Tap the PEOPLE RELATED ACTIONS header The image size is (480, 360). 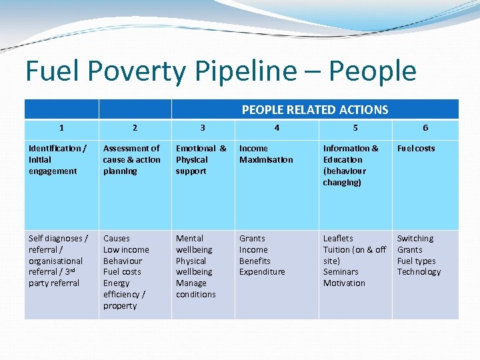click(x=315, y=109)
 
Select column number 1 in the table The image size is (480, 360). click(x=61, y=128)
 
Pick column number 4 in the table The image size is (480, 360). click(x=277, y=128)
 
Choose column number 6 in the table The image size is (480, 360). click(x=425, y=128)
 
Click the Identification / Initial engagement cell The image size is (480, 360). click(x=57, y=159)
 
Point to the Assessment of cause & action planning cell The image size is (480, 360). click(x=131, y=159)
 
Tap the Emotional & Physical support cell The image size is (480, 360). click(x=201, y=159)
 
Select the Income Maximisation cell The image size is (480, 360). click(x=266, y=154)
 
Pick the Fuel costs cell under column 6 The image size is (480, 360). click(x=415, y=148)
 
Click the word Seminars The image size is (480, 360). click(x=341, y=272)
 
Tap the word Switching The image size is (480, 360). click(x=415, y=238)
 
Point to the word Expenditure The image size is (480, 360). click(x=262, y=272)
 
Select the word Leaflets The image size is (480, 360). click(x=338, y=238)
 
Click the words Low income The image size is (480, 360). click(x=126, y=249)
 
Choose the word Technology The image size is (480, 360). click(x=419, y=272)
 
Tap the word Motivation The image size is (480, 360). click(x=344, y=283)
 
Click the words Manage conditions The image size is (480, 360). click(x=195, y=289)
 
